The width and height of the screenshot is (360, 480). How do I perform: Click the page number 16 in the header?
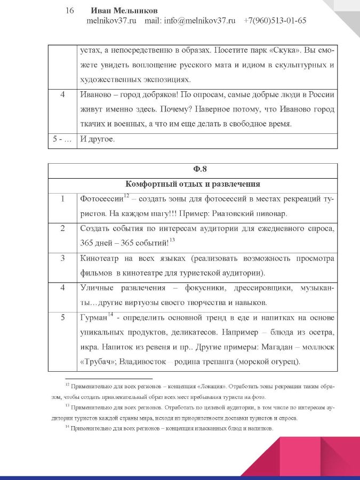(69, 11)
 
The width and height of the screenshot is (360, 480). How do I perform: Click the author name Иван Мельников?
(124, 11)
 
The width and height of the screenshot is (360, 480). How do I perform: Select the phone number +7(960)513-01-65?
(275, 21)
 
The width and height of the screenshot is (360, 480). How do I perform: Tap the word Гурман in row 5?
(93, 318)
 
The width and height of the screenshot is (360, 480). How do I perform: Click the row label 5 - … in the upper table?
(61, 140)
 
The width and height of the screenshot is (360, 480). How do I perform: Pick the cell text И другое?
(97, 140)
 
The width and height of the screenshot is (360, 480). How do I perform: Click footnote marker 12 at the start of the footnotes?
(67, 384)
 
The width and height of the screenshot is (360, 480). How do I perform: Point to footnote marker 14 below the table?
(67, 427)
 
